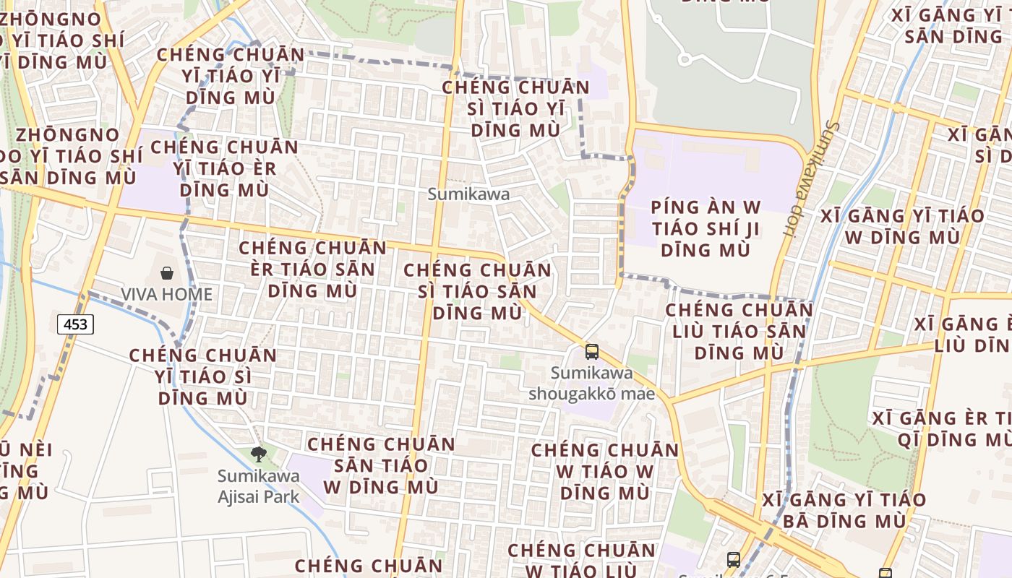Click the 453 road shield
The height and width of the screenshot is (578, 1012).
[75, 324]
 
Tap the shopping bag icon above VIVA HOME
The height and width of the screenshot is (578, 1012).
[167, 273]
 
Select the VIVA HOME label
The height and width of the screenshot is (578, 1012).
[166, 294]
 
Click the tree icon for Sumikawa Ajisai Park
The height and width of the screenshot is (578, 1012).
[258, 454]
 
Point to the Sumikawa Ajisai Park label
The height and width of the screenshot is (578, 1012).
[258, 486]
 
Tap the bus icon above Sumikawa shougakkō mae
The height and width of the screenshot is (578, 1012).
[592, 352]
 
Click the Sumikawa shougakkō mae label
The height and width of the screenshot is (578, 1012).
[591, 384]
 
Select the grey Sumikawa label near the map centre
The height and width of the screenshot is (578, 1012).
[468, 194]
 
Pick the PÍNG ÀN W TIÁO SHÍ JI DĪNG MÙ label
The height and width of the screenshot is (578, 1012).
[706, 228]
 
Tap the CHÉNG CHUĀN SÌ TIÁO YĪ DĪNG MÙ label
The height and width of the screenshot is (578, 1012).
[515, 108]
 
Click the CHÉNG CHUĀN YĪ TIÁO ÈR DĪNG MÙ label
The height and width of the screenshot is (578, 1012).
[224, 168]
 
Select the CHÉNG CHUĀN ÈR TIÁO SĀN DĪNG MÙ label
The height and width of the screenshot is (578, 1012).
[312, 269]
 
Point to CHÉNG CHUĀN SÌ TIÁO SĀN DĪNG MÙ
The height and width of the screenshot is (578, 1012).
[477, 291]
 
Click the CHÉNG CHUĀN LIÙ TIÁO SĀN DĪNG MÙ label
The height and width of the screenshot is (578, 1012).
[739, 331]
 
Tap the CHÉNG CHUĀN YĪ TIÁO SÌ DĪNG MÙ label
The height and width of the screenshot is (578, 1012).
[203, 376]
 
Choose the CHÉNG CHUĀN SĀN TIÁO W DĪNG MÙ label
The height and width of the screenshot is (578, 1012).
[380, 465]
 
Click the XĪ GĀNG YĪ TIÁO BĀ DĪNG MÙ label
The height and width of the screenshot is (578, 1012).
[844, 510]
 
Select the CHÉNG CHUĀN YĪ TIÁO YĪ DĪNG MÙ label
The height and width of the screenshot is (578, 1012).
[231, 76]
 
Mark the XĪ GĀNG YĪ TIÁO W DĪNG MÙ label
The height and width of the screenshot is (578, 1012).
[902, 226]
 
